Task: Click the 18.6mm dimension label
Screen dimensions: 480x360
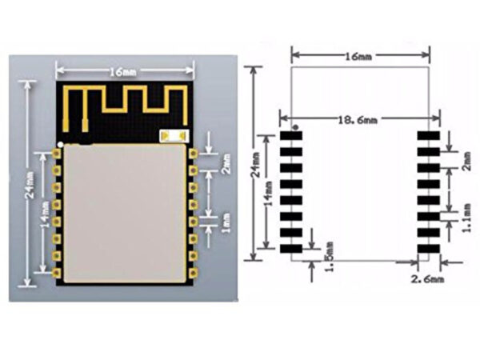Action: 358,120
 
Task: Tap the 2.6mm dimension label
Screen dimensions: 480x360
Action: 427,279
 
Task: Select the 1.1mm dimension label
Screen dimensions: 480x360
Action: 466,218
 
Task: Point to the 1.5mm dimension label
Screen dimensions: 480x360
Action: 329,257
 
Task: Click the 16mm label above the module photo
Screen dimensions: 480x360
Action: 123,72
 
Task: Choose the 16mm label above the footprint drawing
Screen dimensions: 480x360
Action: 358,56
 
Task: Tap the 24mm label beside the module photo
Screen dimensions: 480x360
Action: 30,185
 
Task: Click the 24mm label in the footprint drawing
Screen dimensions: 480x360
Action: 256,165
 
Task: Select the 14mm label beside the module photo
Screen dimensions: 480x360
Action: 45,214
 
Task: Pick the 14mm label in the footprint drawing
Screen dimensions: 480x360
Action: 268,194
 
